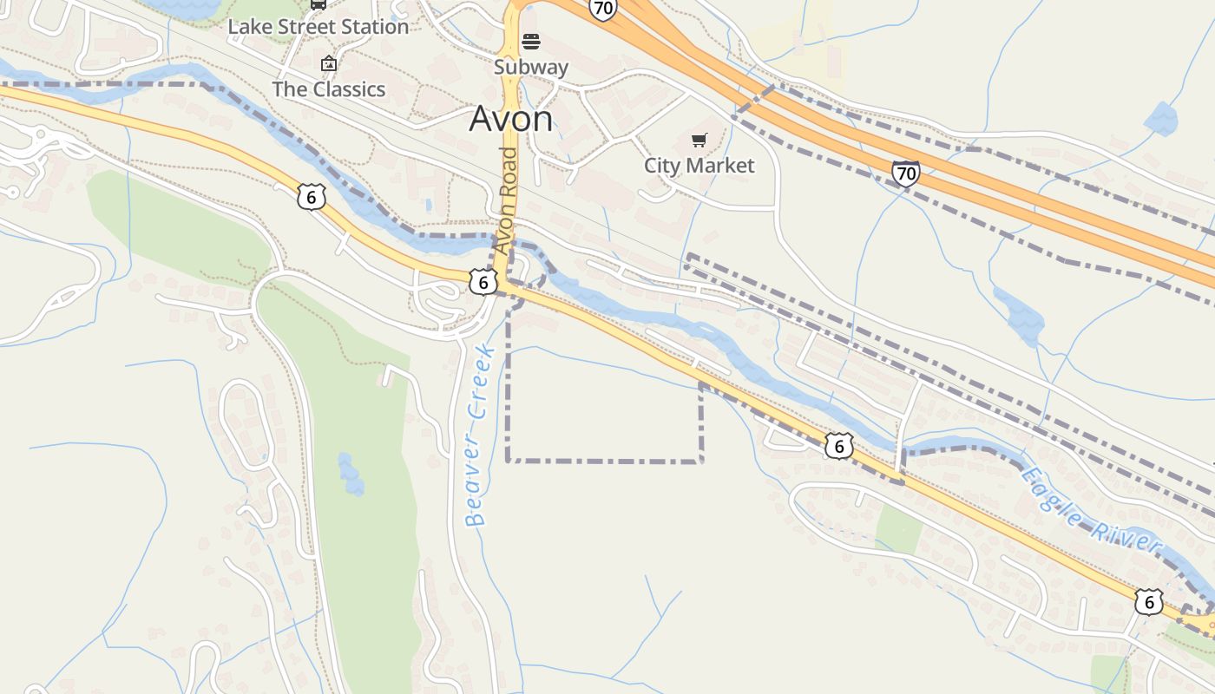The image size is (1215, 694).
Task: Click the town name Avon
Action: pyautogui.click(x=510, y=119)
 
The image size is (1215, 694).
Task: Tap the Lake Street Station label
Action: pyautogui.click(x=318, y=27)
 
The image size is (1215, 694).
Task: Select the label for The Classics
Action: pyautogui.click(x=328, y=89)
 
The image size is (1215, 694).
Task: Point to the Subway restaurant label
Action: pyautogui.click(x=531, y=67)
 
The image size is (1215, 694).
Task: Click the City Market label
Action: pyautogui.click(x=699, y=165)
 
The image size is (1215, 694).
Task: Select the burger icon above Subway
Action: pyautogui.click(x=531, y=42)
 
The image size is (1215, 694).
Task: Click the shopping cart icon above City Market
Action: pyautogui.click(x=699, y=140)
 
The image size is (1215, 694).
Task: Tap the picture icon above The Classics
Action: pyautogui.click(x=328, y=63)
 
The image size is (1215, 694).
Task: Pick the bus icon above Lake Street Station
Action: pyautogui.click(x=319, y=3)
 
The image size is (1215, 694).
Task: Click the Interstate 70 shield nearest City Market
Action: pyautogui.click(x=905, y=173)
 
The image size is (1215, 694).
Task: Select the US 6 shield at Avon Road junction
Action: pyautogui.click(x=483, y=281)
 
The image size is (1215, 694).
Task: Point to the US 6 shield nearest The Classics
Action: pyautogui.click(x=311, y=197)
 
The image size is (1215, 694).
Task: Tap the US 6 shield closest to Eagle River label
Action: pyautogui.click(x=1148, y=601)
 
